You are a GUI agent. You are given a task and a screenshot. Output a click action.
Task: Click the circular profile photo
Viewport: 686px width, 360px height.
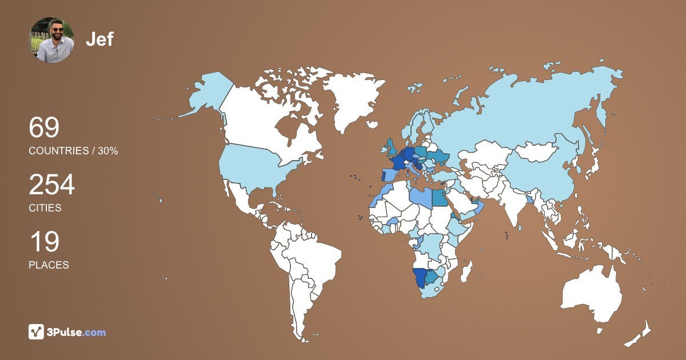point(51,40)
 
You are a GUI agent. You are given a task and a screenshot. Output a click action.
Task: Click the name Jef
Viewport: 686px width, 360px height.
point(99,39)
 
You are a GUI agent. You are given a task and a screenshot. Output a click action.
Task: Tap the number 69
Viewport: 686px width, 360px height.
point(44,127)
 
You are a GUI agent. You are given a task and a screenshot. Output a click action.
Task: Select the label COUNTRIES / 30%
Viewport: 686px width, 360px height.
point(73,151)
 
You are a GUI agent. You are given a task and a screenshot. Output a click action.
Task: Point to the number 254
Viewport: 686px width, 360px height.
point(51,185)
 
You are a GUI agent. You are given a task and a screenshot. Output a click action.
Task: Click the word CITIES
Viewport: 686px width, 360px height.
point(45,208)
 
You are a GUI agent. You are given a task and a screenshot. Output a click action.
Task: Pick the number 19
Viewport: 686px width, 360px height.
point(44,242)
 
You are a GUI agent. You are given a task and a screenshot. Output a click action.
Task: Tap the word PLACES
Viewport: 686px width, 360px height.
point(49,265)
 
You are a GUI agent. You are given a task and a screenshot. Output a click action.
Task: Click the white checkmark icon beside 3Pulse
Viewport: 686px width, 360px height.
point(37,332)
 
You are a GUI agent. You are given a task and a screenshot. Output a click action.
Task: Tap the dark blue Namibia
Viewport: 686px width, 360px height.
point(420,278)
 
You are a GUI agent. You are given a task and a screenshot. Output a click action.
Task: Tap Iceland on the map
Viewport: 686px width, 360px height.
point(372,124)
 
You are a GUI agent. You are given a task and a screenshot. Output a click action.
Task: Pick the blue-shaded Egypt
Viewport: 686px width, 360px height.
point(440,197)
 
